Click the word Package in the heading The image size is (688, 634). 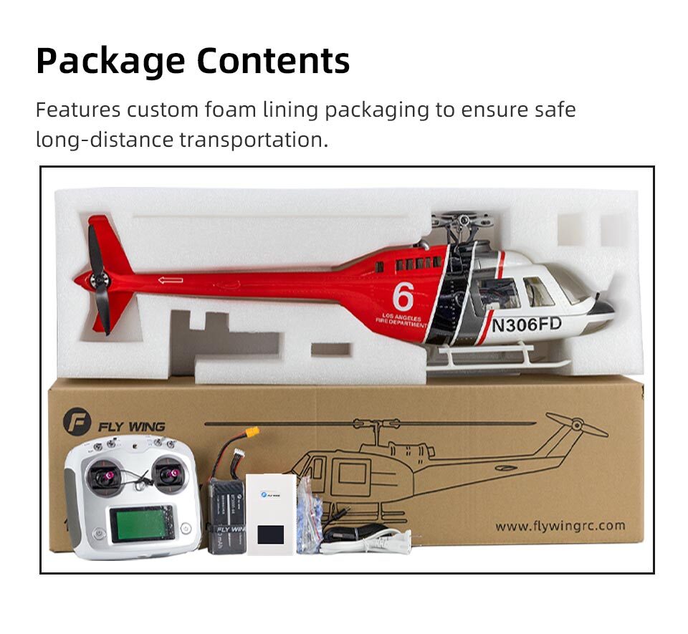click(x=110, y=62)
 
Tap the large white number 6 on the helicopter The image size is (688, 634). click(x=403, y=296)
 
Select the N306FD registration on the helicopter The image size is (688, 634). click(x=527, y=324)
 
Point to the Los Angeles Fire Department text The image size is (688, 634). click(x=402, y=320)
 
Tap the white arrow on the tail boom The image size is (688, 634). click(x=170, y=280)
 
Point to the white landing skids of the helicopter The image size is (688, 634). click(x=487, y=357)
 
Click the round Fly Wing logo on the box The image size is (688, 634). click(x=77, y=422)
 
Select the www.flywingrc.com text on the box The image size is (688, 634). click(x=560, y=527)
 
